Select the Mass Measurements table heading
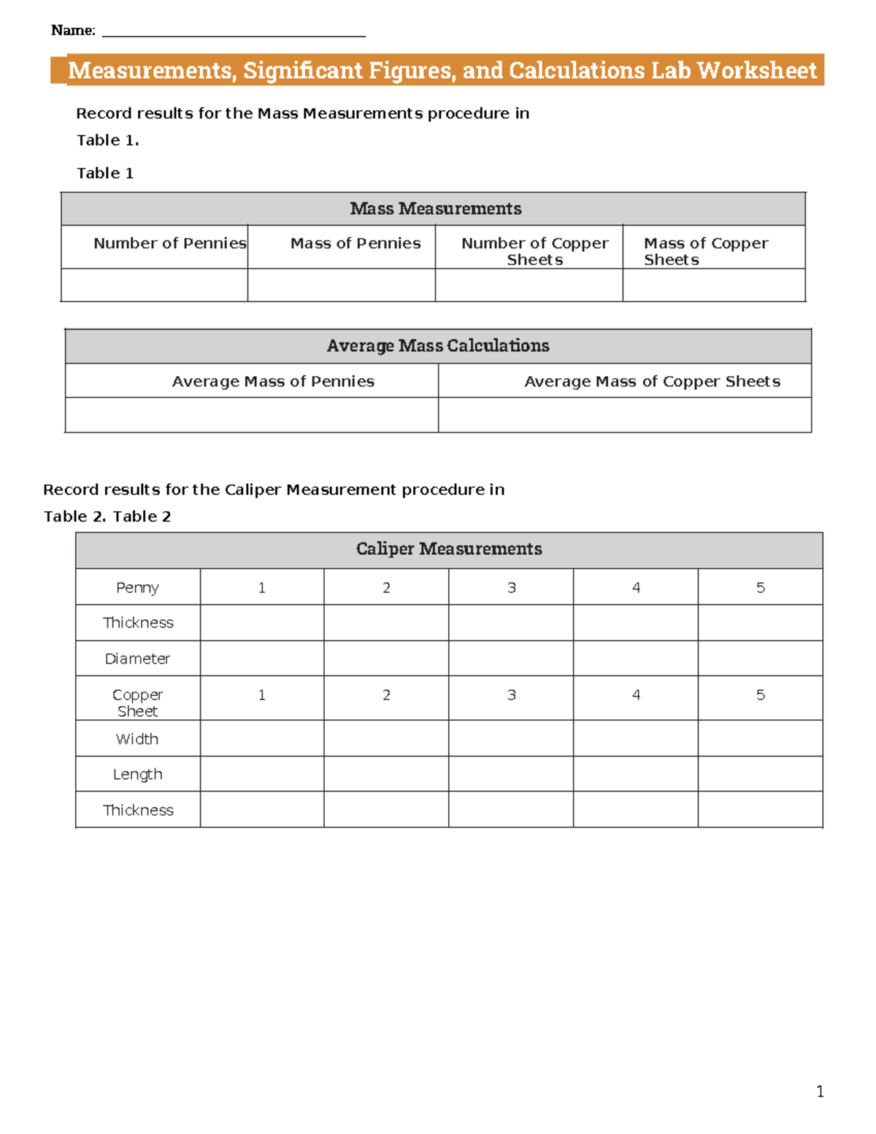[435, 209]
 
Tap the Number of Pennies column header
[169, 244]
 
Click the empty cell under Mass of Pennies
[341, 285]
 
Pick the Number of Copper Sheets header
[534, 251]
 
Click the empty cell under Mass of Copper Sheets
[713, 285]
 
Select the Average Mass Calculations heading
[437, 346]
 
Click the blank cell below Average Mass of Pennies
[251, 415]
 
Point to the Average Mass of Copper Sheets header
[652, 381]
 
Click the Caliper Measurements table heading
[448, 549]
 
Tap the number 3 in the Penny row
[511, 588]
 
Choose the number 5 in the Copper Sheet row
[760, 695]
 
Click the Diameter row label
[137, 659]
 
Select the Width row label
[137, 739]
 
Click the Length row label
[137, 774]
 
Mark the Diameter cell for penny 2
[386, 659]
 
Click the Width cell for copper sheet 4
[635, 739]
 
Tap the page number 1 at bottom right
[820, 1092]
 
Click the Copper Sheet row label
[137, 702]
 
